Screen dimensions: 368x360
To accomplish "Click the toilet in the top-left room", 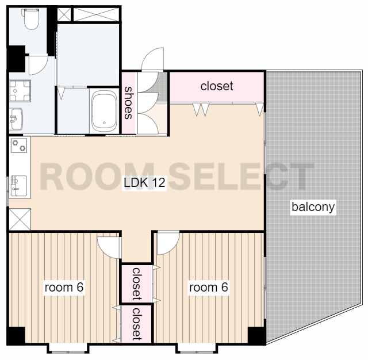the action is (x=30, y=19).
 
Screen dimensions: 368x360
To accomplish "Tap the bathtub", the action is (x=104, y=111).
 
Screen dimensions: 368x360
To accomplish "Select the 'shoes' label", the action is (x=129, y=102).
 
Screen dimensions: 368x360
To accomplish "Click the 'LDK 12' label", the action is (x=144, y=182).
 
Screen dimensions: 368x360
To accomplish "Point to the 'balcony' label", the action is (x=313, y=207).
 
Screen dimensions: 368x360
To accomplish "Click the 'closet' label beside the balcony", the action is (x=217, y=86).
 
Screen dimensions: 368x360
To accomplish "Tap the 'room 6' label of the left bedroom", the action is (x=64, y=287).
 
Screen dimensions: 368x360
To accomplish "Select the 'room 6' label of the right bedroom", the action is (x=208, y=287).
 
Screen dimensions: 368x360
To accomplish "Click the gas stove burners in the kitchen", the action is (x=19, y=145).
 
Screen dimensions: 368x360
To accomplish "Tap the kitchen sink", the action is (x=19, y=186).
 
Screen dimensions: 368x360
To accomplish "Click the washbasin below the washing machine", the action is (x=16, y=118).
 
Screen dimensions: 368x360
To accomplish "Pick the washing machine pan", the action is (x=20, y=91).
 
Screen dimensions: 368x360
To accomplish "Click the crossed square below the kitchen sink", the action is (x=20, y=220).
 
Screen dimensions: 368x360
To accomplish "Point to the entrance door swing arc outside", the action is (x=152, y=59).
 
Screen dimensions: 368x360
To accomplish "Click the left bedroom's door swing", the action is (x=109, y=248).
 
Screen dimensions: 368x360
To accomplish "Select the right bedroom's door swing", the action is (x=168, y=243).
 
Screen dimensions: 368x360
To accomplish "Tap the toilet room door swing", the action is (x=39, y=65).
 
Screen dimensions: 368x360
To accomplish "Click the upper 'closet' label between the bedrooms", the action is (x=137, y=284).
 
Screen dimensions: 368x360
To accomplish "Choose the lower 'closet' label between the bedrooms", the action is (x=137, y=324).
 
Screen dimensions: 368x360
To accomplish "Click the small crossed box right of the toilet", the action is (x=64, y=15).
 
